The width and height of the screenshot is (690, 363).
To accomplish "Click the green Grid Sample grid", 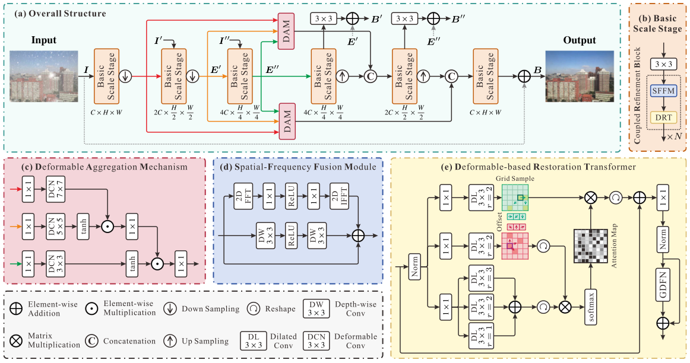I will pyautogui.click(x=515, y=199).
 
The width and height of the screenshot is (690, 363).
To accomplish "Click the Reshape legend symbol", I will pyautogui.click(x=254, y=308).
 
